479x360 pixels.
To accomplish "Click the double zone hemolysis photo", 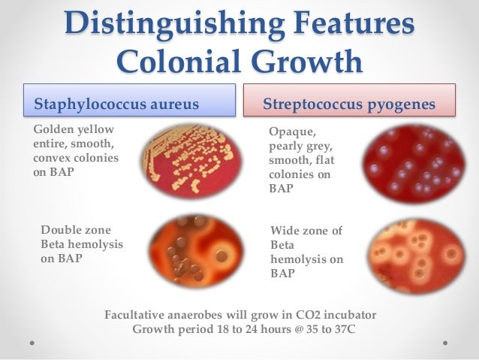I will point(195,252).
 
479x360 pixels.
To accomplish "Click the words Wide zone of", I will point(306,232).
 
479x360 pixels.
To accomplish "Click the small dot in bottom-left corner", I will point(32,341).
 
